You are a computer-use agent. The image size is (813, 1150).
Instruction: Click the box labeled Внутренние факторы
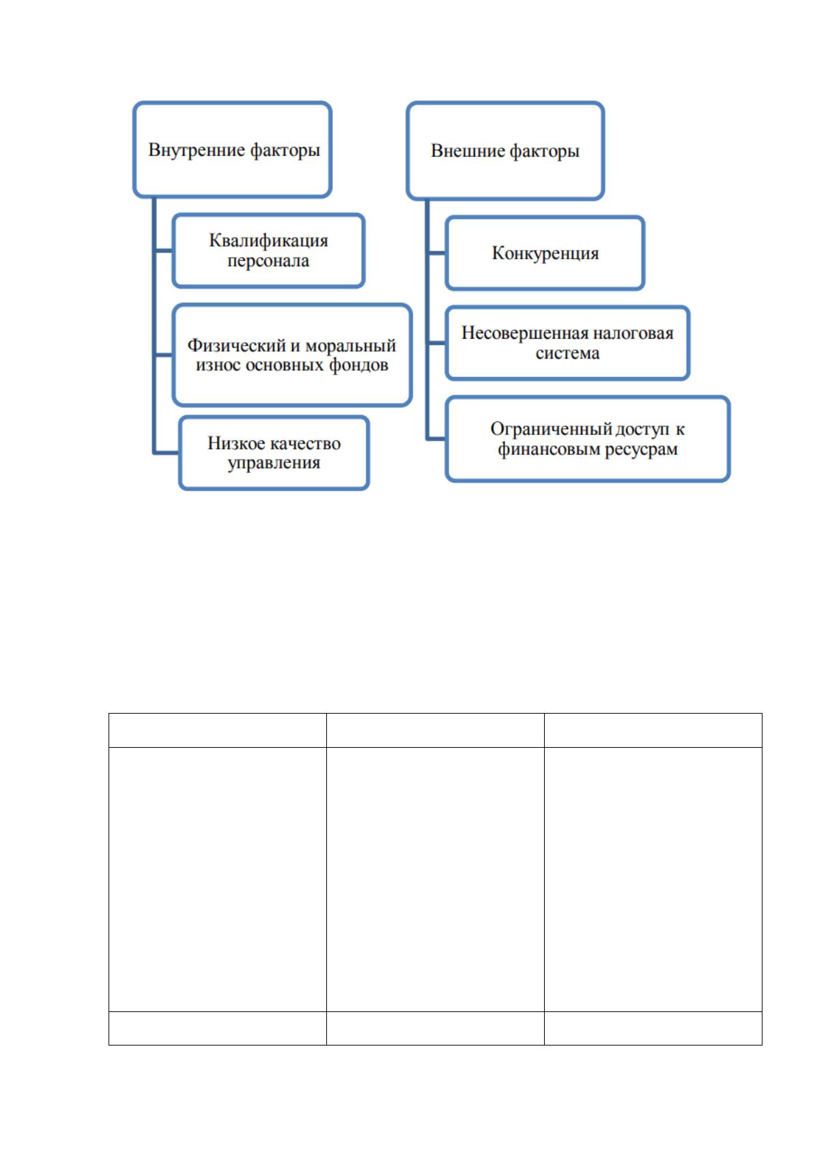(232, 150)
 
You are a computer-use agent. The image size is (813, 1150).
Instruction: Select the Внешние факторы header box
(505, 150)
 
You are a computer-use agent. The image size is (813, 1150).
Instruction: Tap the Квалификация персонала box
(268, 251)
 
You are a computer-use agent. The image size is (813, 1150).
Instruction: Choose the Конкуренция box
(545, 253)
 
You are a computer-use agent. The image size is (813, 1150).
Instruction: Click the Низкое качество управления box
(274, 453)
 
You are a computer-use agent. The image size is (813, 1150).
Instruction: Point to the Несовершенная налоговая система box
(567, 343)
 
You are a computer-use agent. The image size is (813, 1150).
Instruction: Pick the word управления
(274, 463)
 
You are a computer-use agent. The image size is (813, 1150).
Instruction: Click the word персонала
(268, 261)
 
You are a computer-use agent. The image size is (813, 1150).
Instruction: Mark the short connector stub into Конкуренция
(436, 253)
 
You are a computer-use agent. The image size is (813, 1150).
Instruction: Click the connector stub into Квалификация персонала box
(163, 251)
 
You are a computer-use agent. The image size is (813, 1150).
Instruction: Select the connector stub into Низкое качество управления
(167, 453)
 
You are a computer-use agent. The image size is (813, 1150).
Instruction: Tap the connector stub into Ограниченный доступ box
(436, 439)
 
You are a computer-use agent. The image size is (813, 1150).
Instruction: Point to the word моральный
(351, 346)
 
